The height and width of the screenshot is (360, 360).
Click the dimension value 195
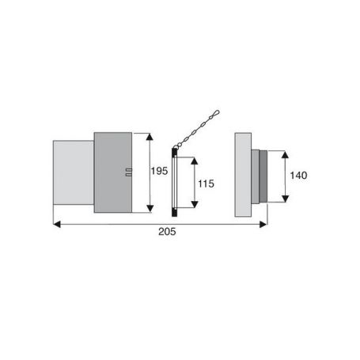(x=159, y=171)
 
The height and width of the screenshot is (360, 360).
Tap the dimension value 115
(x=206, y=184)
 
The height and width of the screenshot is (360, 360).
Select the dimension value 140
(x=298, y=176)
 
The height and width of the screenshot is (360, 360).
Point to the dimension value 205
(x=167, y=232)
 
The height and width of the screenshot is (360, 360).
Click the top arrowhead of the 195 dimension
(x=150, y=137)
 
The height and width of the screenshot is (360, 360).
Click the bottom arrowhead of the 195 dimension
(x=150, y=209)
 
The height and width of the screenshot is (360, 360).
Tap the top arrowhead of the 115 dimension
(x=195, y=161)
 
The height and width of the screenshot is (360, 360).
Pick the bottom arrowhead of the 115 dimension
(x=195, y=204)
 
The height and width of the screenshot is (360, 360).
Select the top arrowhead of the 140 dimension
(x=285, y=154)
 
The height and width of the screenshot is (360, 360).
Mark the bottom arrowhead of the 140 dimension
(x=285, y=199)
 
